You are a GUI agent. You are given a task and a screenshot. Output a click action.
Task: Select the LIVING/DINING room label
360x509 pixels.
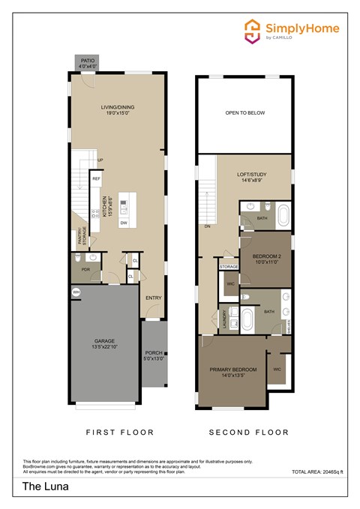(120, 110)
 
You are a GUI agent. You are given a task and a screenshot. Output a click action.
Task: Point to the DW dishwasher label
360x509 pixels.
(123, 223)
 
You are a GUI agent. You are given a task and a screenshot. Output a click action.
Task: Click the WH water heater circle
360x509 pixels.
(76, 292)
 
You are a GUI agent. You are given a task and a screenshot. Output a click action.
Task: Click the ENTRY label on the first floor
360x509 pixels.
(153, 298)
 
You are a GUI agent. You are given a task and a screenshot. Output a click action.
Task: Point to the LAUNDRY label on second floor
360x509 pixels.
(223, 320)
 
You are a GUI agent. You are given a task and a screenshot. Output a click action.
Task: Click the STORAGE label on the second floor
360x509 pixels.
(229, 266)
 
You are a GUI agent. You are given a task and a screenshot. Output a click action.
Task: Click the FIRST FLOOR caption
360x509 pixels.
(120, 433)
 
